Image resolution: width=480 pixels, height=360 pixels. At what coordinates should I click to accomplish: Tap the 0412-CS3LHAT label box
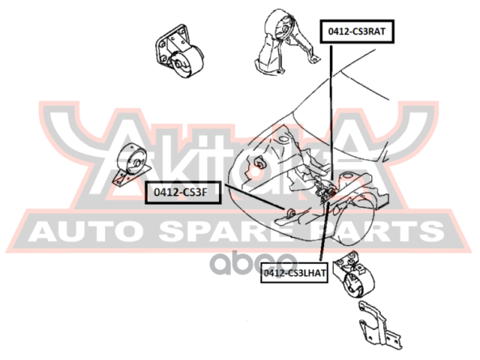pos(295,274)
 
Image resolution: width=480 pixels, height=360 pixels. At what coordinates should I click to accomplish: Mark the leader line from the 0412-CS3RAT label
pos(328,112)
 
